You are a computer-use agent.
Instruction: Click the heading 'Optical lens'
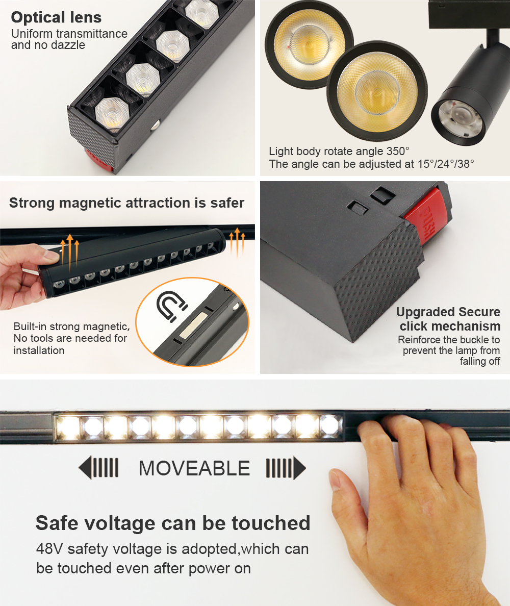coord(56,17)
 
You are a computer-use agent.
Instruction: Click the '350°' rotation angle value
coord(399,150)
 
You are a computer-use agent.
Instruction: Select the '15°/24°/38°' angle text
coord(446,164)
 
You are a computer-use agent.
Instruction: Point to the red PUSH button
coord(428,218)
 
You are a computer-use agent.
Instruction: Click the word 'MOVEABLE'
coord(194,468)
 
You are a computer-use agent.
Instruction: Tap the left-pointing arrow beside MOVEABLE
coord(98,468)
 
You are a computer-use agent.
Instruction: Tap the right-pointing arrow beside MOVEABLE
coord(286,468)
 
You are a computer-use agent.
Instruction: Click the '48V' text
coord(49,549)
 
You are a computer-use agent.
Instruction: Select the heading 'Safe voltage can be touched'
coord(173,523)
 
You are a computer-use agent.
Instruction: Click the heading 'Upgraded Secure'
coord(448,312)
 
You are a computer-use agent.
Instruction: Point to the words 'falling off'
coord(480,361)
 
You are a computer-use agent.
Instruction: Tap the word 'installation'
coord(39,350)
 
